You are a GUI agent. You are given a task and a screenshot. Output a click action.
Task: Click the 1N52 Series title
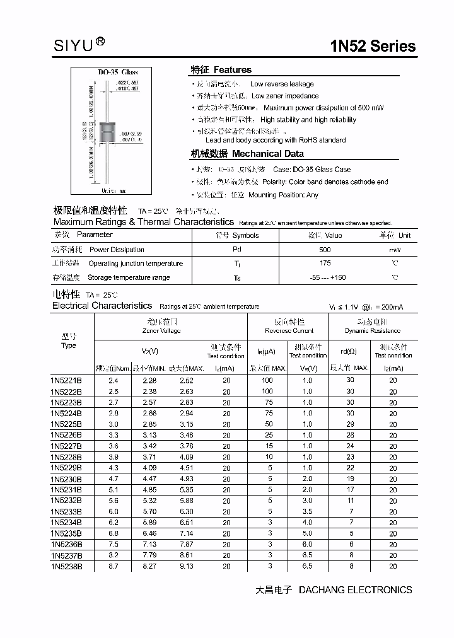[373, 46]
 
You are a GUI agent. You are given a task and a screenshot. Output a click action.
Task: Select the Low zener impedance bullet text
[285, 96]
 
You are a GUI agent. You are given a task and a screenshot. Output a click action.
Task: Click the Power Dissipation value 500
[325, 250]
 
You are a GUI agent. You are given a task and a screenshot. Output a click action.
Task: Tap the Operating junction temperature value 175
[325, 264]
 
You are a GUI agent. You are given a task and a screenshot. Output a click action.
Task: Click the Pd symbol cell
[237, 250]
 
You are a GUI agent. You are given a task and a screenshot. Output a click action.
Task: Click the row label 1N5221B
[66, 380]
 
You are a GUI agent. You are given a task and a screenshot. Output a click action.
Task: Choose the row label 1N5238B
[66, 566]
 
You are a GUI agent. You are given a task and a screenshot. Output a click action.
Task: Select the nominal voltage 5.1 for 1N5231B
[113, 489]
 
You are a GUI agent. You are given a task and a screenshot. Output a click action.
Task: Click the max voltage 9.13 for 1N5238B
[187, 566]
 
